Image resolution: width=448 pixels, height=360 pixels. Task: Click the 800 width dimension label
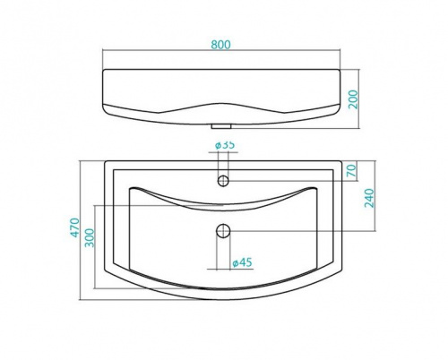point(221,45)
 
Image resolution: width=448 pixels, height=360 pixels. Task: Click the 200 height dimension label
point(353,99)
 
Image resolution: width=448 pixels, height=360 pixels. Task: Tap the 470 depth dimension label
point(75,227)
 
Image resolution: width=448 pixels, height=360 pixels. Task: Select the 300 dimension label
point(90,238)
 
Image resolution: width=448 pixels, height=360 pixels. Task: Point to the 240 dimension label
point(369,198)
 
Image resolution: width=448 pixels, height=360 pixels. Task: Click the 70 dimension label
point(352,170)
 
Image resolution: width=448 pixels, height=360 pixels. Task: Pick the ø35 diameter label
point(225,145)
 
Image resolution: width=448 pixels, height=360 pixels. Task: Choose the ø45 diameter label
point(242,262)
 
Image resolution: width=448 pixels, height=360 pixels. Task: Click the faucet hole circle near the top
point(223,181)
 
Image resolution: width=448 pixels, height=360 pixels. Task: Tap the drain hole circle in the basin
point(223,231)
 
